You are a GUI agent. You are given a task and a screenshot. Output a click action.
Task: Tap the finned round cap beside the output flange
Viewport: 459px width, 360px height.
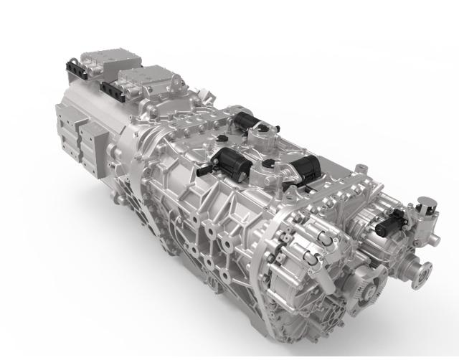pyautogui.click(x=372, y=293)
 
